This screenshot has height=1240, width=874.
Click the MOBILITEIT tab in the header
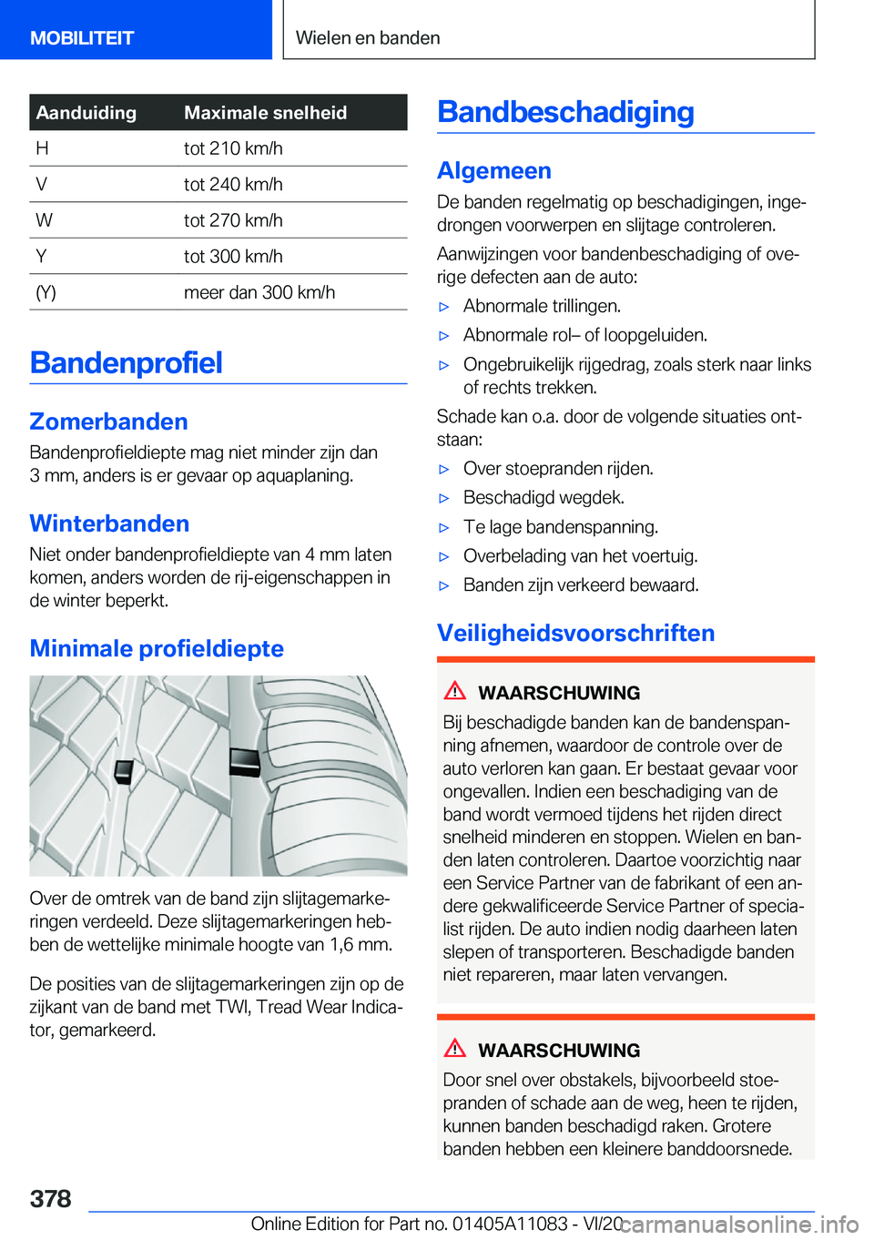[x=82, y=38]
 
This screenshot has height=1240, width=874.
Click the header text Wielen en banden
[x=368, y=38]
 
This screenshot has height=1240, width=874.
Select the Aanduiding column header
[x=86, y=113]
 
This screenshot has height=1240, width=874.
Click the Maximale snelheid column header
[x=265, y=113]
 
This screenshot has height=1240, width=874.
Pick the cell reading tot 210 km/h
[x=233, y=148]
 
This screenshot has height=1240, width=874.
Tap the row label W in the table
[x=44, y=220]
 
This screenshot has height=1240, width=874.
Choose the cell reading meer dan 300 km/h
[x=259, y=292]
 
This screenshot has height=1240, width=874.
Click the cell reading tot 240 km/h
[x=233, y=185]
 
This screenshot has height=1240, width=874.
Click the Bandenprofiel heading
[x=127, y=362]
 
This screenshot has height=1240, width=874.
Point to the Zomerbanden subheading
[x=109, y=422]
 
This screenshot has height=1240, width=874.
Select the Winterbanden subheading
[x=110, y=523]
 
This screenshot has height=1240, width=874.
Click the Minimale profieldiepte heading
[x=157, y=648]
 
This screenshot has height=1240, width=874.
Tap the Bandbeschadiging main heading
[x=565, y=112]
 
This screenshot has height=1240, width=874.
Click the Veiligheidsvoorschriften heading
[x=575, y=633]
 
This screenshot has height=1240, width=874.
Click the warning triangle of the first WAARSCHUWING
[x=455, y=691]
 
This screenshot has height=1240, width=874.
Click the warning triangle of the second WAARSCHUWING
[x=455, y=1049]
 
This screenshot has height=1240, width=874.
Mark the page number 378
[x=51, y=1198]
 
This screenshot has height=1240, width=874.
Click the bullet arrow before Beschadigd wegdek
[x=444, y=498]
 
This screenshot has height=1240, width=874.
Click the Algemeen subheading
[x=494, y=171]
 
